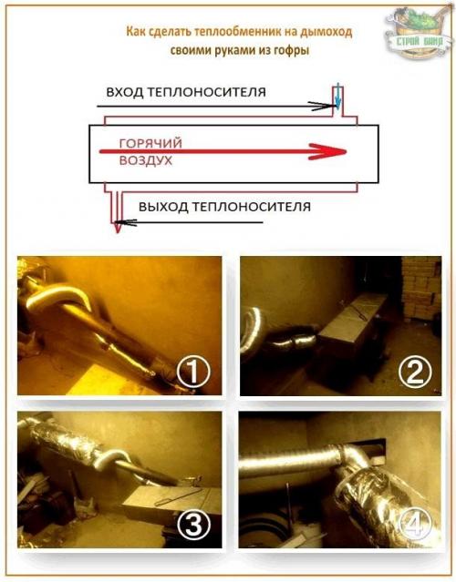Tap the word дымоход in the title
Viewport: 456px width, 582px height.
(326, 32)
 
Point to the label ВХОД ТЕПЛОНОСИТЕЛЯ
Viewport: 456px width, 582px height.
(186, 92)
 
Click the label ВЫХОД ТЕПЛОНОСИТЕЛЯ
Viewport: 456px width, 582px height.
(225, 207)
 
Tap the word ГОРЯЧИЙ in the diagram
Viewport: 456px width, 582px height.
(150, 143)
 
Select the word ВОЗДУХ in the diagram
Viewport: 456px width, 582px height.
(146, 161)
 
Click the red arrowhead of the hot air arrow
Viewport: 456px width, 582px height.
(327, 151)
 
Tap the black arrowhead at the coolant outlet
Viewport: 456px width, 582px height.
(127, 223)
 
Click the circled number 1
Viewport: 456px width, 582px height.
(192, 372)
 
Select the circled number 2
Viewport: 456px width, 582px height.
(415, 372)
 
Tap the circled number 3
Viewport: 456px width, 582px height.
(192, 525)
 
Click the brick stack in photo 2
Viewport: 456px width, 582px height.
(421, 289)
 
